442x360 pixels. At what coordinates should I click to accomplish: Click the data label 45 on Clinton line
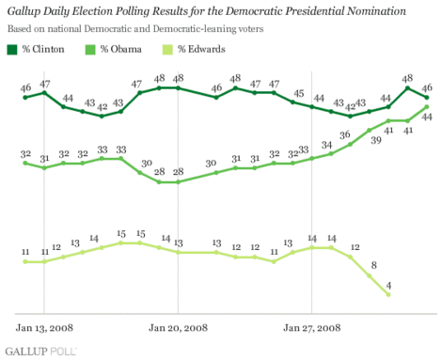[x=298, y=93]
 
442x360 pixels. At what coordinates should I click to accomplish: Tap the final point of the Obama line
[x=427, y=106]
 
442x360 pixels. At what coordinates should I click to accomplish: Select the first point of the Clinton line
[x=25, y=97]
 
